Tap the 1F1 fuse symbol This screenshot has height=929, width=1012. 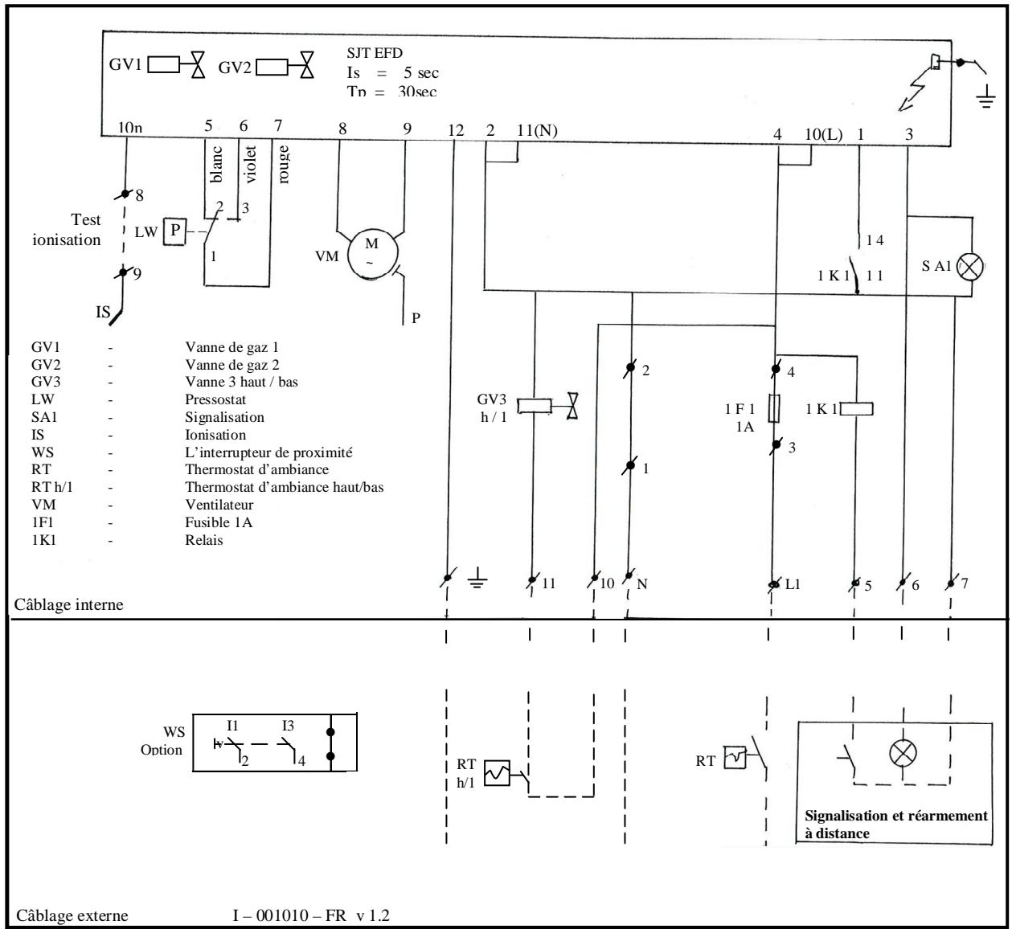pos(774,408)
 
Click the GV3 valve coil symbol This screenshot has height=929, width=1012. pos(533,407)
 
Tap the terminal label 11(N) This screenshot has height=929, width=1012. pos(536,132)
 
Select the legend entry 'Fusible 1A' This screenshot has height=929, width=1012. pos(219,522)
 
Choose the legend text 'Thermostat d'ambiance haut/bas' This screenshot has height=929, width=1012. pos(284,488)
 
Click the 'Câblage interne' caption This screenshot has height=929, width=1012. pos(69,604)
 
